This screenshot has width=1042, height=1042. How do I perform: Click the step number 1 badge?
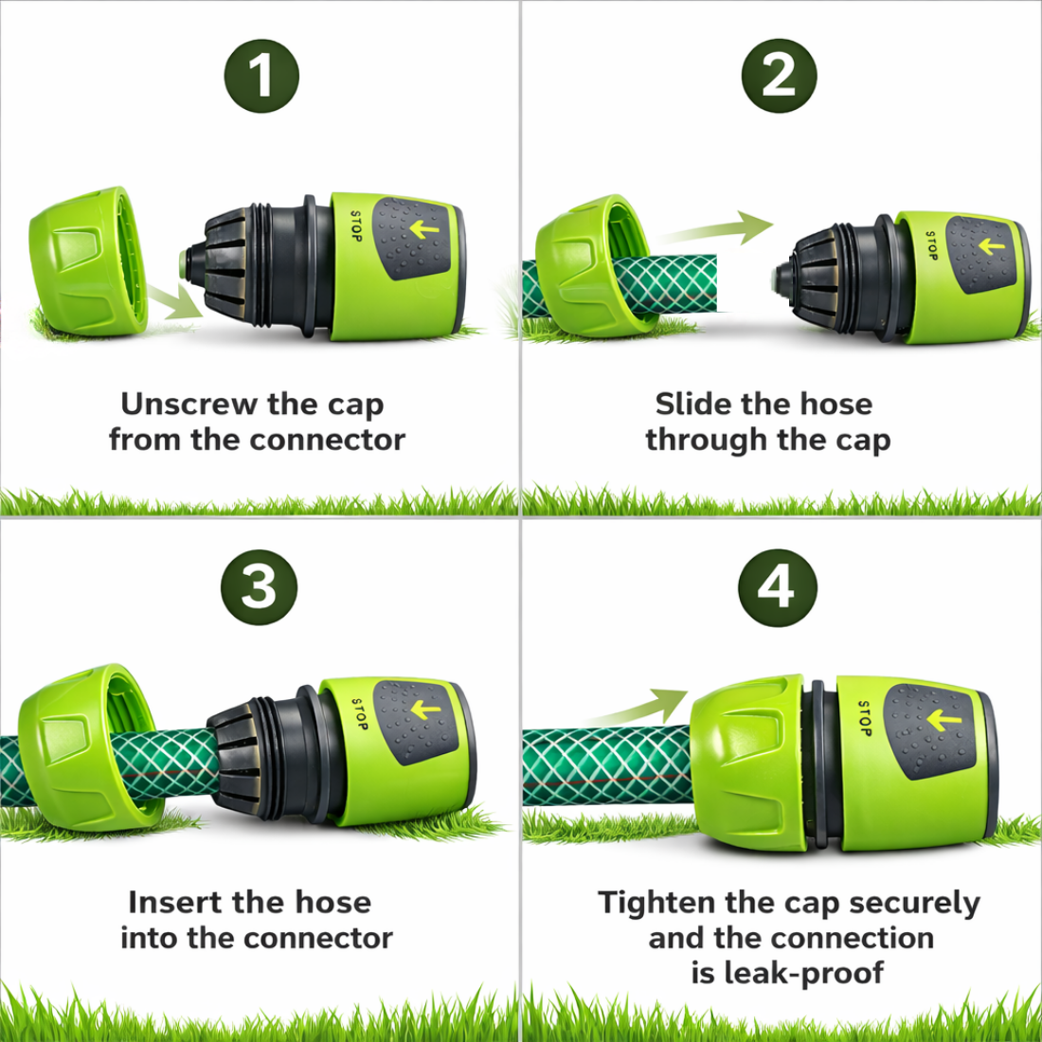coord(261,76)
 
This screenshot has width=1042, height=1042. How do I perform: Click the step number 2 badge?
coord(779,76)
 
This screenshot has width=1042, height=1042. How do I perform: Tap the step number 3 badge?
coord(259,587)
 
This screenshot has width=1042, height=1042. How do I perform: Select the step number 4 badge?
coord(777,587)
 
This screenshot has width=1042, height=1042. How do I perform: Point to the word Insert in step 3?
coord(175,902)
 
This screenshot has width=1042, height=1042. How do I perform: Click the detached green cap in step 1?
coord(88,261)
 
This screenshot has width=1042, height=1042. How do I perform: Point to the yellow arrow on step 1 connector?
coord(424,230)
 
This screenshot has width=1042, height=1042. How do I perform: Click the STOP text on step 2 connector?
coord(932,245)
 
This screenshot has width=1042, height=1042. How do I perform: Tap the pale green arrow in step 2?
coord(714,229)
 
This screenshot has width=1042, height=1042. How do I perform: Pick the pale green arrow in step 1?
coord(174,301)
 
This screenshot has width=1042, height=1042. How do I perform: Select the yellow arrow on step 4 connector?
coord(943,720)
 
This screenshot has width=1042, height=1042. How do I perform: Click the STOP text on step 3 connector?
coord(360,714)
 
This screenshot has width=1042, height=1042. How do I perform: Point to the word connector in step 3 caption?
coord(317,939)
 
